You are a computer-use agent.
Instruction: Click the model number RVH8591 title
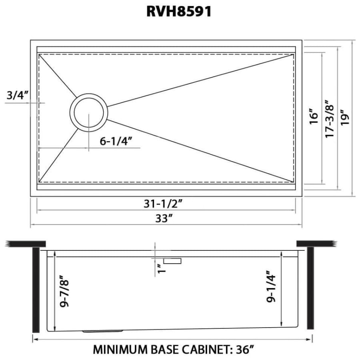point(179,11)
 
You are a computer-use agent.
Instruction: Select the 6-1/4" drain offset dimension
point(116,141)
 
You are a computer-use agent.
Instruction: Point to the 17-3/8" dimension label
point(330,119)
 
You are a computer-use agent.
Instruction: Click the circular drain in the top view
point(89,112)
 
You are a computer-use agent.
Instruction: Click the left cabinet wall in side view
point(36,288)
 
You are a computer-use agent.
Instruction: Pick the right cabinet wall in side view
point(310,288)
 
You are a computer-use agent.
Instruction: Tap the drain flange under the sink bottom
point(103,331)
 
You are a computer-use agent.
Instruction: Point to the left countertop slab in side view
point(26,243)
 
